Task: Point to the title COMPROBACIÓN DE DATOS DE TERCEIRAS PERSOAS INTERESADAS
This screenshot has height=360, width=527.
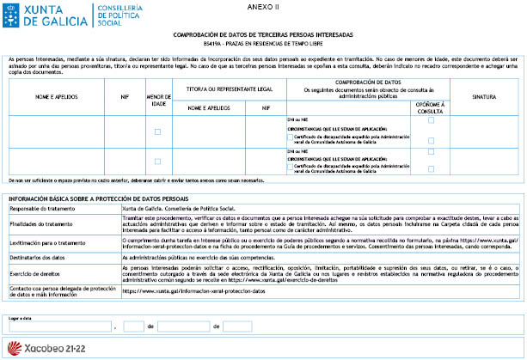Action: (x=263, y=31)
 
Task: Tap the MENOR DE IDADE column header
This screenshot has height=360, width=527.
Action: (x=157, y=99)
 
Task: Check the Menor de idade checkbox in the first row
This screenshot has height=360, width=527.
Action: (x=157, y=131)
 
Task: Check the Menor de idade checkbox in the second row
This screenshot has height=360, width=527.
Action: (x=157, y=161)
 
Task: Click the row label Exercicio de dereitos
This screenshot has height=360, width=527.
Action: (x=36, y=272)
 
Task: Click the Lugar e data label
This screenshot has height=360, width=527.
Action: (x=21, y=317)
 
